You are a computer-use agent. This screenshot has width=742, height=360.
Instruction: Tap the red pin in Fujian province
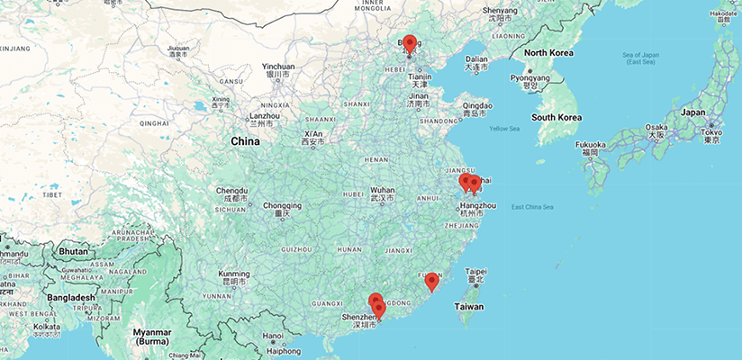(432, 281)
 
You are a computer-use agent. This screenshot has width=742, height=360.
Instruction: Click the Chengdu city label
(231, 191)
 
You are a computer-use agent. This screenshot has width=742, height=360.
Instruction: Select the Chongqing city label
(283, 205)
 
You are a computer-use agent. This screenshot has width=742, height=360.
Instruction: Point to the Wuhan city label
(383, 191)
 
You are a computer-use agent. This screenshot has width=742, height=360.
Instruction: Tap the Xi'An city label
(312, 133)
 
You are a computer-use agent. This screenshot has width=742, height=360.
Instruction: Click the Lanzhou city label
(265, 116)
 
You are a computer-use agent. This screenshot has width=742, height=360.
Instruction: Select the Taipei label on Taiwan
(475, 271)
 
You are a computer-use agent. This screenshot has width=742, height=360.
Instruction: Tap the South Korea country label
(556, 117)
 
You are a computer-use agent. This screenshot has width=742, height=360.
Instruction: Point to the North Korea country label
(548, 53)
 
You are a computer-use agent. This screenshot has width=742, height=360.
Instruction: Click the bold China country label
(245, 141)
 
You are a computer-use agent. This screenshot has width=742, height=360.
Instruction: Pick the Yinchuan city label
(277, 67)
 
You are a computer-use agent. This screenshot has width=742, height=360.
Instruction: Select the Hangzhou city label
(477, 206)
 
